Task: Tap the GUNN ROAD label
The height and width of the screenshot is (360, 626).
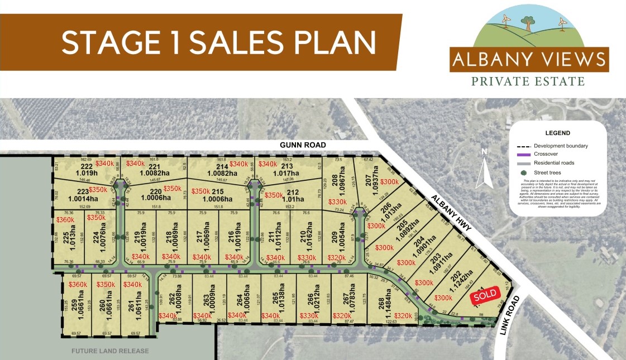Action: (x=303, y=145)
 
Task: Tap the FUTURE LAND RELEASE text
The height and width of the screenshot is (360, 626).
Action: (x=110, y=351)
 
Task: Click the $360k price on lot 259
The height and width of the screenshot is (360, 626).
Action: (x=78, y=285)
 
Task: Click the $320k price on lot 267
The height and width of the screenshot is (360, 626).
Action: (x=341, y=316)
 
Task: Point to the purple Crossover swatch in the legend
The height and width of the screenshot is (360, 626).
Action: (x=523, y=155)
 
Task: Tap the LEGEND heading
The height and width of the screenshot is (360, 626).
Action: (x=557, y=133)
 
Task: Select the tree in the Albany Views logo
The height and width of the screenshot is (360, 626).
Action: (x=526, y=23)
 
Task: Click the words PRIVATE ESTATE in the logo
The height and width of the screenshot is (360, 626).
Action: (x=528, y=81)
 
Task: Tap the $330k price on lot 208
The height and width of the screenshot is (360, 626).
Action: (x=337, y=201)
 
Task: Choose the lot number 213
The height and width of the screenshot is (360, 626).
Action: (x=287, y=166)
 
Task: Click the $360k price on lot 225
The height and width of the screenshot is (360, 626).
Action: (x=65, y=220)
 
